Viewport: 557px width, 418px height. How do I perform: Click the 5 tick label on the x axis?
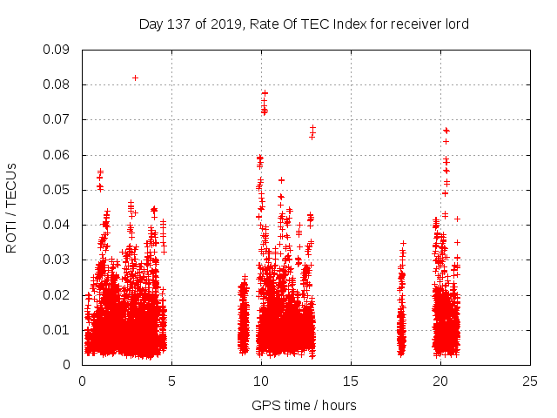pos(171,381)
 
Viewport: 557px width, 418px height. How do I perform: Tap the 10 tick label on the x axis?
pos(261,381)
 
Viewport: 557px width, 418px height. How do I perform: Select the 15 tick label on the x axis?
pos(351,381)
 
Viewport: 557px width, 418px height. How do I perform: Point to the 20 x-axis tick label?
pos(440,381)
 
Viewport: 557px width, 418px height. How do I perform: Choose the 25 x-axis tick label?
pos(530,381)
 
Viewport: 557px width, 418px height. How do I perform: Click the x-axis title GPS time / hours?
pos(304,405)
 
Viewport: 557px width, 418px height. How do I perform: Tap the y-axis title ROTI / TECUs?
pos(11,207)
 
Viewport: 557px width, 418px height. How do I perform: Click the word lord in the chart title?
pos(455,24)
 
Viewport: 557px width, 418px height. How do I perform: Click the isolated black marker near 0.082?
pos(135,78)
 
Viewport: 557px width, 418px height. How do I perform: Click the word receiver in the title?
pos(413,24)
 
